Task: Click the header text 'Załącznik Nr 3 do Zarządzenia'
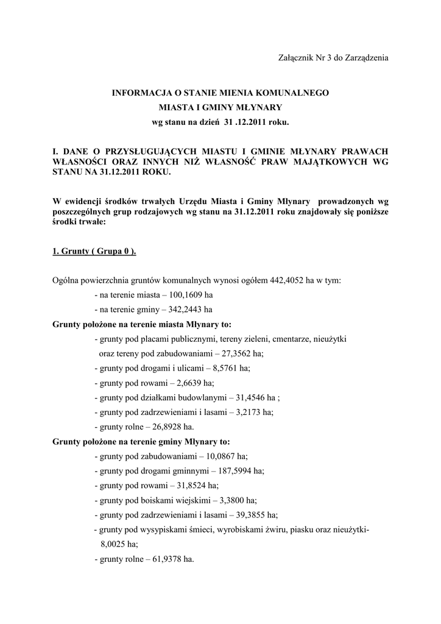333,58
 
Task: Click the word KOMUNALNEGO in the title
289,93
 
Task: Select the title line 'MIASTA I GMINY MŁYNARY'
220,108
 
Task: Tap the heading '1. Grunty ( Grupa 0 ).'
94,252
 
